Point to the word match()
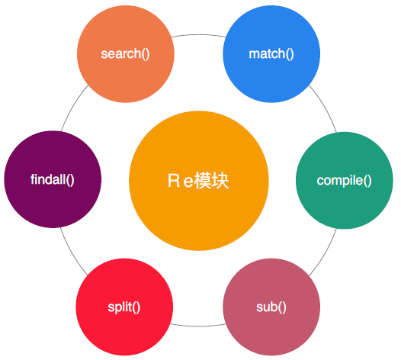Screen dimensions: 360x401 (271, 54)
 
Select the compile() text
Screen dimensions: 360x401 (344, 182)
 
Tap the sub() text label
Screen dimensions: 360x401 (271, 308)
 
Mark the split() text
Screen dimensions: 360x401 (124, 308)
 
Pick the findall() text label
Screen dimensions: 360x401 (52, 181)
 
